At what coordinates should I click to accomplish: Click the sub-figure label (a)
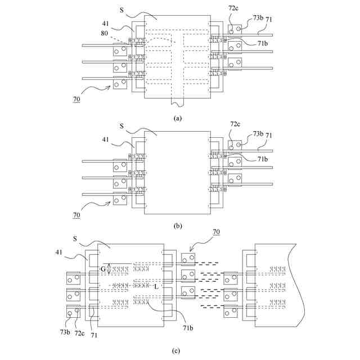pyautogui.click(x=178, y=118)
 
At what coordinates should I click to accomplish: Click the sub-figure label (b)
pyautogui.click(x=178, y=226)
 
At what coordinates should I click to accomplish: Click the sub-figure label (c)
pyautogui.click(x=176, y=350)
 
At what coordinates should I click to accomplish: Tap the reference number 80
pyautogui.click(x=104, y=33)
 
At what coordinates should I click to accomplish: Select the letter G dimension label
pyautogui.click(x=103, y=269)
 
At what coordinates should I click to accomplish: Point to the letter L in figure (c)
pyautogui.click(x=156, y=286)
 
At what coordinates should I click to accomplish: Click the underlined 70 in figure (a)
pyautogui.click(x=76, y=99)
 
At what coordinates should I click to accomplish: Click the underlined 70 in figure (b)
pyautogui.click(x=76, y=215)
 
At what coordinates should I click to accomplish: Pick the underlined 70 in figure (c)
pyautogui.click(x=216, y=232)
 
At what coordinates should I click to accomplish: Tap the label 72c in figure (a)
pyautogui.click(x=233, y=8)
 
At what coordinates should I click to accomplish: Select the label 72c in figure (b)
pyautogui.click(x=235, y=124)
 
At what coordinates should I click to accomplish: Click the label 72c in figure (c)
pyautogui.click(x=79, y=333)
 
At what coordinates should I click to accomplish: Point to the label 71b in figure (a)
pyautogui.click(x=263, y=43)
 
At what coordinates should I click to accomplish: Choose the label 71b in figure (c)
pyautogui.click(x=188, y=328)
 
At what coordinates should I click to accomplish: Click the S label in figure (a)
pyautogui.click(x=121, y=10)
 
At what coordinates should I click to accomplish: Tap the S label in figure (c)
pyautogui.click(x=75, y=239)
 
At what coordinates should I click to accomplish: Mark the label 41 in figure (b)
pyautogui.click(x=105, y=139)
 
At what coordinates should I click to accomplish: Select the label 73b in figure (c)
pyautogui.click(x=65, y=332)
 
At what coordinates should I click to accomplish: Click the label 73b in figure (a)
pyautogui.click(x=258, y=17)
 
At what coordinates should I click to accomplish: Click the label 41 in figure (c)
pyautogui.click(x=58, y=253)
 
